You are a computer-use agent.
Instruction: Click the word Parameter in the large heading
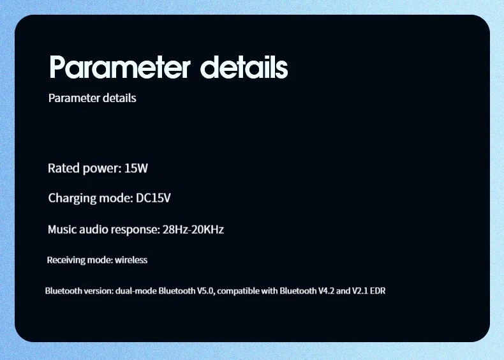pos(119,67)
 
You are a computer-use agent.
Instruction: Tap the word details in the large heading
pos(244,67)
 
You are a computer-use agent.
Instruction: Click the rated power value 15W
pos(136,169)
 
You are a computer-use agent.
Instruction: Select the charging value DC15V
pos(153,198)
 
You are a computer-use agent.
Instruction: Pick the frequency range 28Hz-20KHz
pos(193,230)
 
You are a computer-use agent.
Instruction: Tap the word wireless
pos(131,260)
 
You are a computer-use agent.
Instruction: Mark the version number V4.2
pos(326,291)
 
